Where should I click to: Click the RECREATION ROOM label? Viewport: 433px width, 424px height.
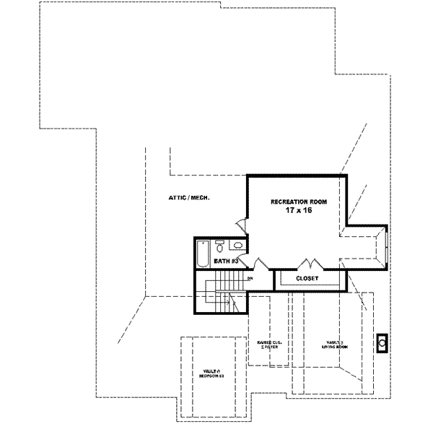(295, 202)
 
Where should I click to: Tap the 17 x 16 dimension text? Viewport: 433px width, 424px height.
(296, 212)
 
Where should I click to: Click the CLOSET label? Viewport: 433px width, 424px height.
(307, 278)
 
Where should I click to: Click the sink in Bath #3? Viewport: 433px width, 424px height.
(237, 246)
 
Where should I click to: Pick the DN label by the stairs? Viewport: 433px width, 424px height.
(250, 278)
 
